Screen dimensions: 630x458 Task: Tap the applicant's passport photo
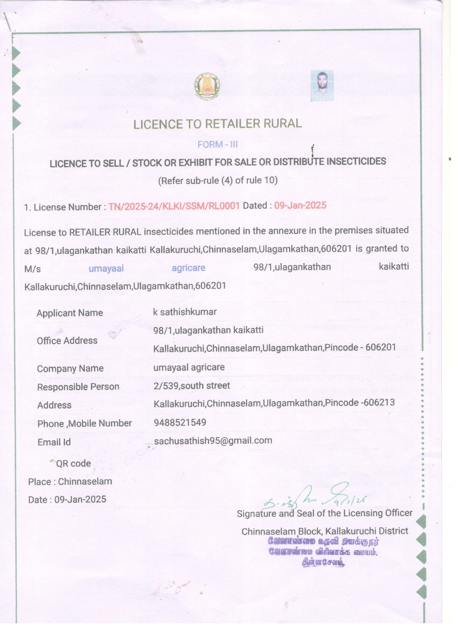(322, 86)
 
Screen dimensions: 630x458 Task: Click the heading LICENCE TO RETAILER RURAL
(217, 124)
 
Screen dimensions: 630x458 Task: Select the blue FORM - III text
(217, 144)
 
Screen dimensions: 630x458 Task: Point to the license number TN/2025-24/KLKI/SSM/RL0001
(174, 206)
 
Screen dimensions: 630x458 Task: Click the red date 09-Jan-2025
(300, 205)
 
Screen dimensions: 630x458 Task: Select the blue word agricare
(189, 268)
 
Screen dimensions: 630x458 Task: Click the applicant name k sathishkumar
(185, 312)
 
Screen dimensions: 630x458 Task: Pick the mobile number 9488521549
(180, 423)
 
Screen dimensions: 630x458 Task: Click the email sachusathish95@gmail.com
(213, 441)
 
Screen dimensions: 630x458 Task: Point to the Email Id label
(54, 442)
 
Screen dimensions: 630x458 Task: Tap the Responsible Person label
(78, 387)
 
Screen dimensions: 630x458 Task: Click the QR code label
(73, 463)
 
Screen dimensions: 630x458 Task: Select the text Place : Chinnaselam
(70, 481)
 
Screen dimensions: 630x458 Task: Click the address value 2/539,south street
(192, 386)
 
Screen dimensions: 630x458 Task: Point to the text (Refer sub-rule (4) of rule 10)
(217, 181)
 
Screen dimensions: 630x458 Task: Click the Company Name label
(70, 369)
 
